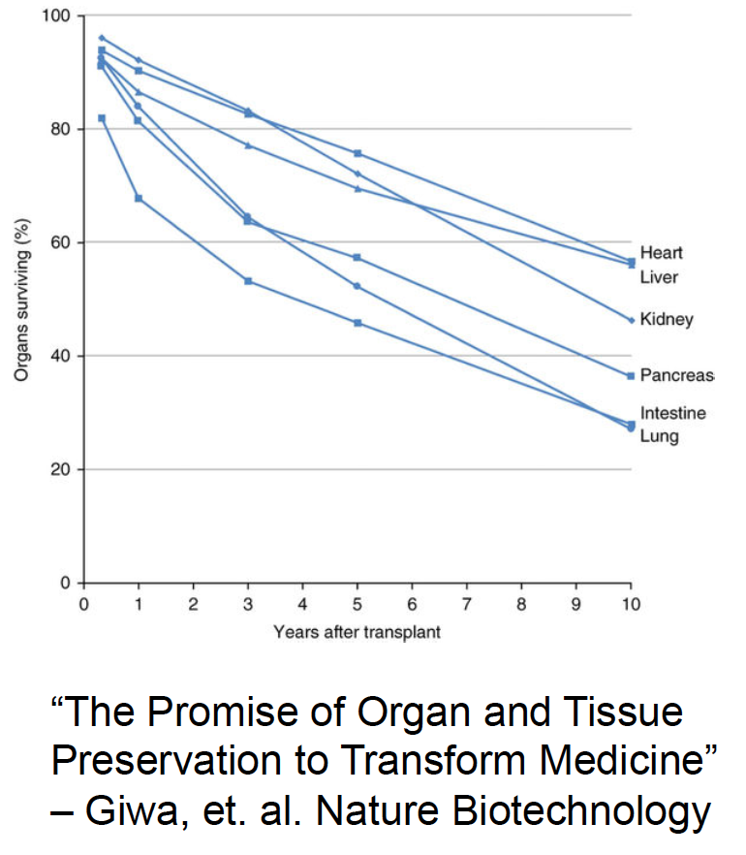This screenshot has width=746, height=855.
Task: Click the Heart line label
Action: tap(661, 253)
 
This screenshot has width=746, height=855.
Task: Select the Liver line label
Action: tap(659, 277)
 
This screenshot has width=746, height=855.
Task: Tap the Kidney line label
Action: tap(667, 319)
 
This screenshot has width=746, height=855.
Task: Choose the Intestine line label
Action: tap(672, 413)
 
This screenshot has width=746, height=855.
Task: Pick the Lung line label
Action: tap(659, 436)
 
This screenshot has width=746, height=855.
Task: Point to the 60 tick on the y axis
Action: tap(63, 242)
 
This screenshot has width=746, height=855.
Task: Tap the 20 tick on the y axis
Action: tap(63, 469)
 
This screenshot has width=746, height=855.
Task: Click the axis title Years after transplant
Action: tap(357, 633)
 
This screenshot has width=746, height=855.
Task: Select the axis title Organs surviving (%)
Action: tap(21, 300)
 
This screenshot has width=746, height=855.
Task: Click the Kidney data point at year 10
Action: tap(631, 320)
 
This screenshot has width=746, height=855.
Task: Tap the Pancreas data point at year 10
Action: tap(631, 375)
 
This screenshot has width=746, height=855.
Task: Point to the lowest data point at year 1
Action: tap(139, 198)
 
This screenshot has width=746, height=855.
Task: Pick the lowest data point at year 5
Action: tap(357, 323)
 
